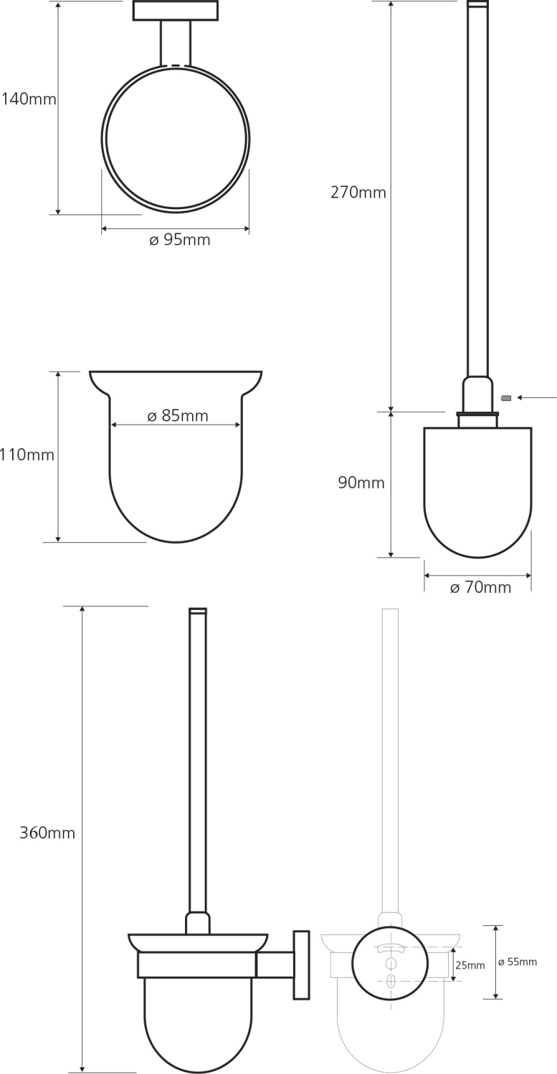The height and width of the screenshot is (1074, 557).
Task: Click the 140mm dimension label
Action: point(29,100)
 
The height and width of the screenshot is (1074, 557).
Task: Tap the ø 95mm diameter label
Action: point(180,240)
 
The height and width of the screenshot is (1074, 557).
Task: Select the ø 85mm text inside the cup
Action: point(178,416)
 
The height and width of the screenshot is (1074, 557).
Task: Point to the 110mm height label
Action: point(27,455)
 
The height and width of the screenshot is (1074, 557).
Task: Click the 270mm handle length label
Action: point(358,193)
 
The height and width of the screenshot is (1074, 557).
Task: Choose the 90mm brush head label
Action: point(361,483)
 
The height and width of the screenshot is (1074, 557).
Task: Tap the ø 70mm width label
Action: point(480,587)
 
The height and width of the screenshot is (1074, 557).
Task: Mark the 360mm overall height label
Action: point(47,833)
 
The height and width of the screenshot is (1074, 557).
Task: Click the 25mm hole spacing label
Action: point(470,966)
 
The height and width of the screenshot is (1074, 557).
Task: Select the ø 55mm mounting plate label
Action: point(518,962)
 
